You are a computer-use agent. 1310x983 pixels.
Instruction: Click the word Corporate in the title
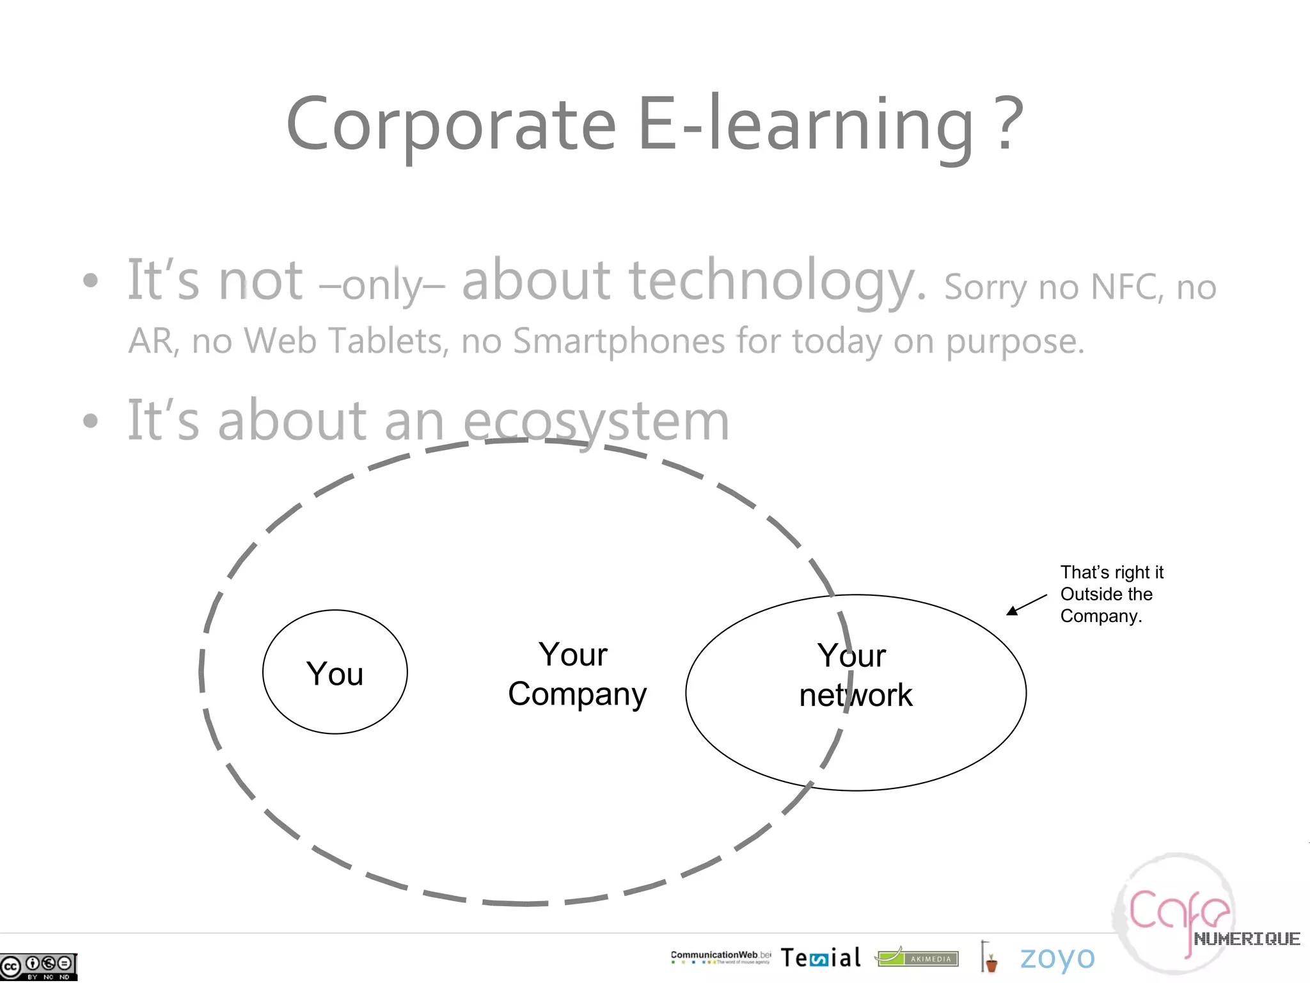coord(451,125)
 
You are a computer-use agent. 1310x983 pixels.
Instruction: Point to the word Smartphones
coord(619,340)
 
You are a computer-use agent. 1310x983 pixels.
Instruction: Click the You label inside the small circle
coord(335,674)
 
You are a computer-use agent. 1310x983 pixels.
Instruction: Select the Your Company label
coord(577,675)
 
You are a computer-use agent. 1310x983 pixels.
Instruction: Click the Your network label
coord(855,675)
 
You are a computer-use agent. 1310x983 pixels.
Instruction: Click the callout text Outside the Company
coord(1106,605)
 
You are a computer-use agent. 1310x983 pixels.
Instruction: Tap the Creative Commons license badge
coord(38,966)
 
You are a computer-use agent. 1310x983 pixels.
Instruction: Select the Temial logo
coord(821,958)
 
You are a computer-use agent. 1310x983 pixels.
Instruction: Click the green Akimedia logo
coord(917,957)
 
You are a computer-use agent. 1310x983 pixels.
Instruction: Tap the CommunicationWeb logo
coord(720,957)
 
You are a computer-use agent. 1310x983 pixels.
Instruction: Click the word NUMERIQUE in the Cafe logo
coord(1246,939)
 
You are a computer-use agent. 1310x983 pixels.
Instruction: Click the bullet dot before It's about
coord(91,421)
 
